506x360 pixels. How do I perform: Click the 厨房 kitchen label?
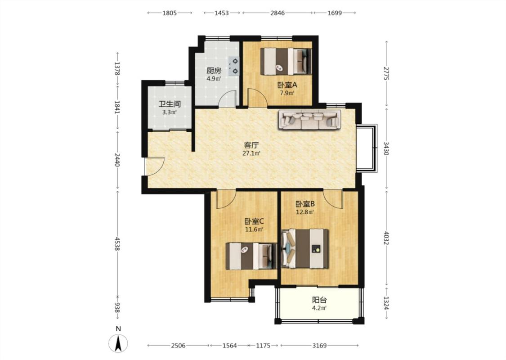(214, 70)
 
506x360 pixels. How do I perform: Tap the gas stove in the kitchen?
(234, 66)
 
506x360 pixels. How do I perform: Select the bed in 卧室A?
(286, 61)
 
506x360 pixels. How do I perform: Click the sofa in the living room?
(310, 120)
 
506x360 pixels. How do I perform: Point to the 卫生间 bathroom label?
(170, 104)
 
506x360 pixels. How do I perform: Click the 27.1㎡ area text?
(251, 153)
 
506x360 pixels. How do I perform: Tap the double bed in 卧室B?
(305, 248)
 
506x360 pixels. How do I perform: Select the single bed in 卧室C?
(251, 256)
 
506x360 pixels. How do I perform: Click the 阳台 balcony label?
(319, 300)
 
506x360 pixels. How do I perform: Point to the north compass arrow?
(118, 343)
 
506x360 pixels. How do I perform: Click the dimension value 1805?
(170, 13)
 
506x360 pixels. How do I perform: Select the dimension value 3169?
(319, 346)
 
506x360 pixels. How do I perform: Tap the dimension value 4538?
(117, 243)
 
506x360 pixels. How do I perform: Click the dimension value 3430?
(386, 148)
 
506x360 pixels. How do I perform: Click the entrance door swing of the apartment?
(155, 166)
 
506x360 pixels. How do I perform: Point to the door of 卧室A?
(257, 97)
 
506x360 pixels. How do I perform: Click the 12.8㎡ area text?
(305, 212)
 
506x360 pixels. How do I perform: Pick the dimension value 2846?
(278, 13)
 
